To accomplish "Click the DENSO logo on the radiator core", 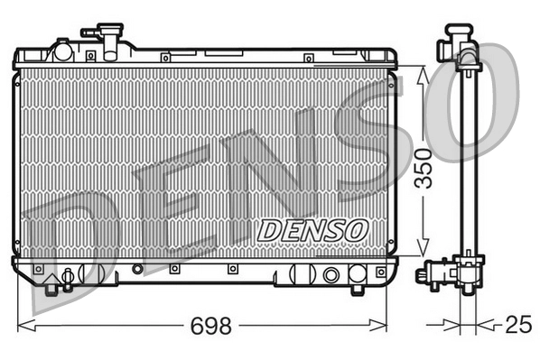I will click(312, 230).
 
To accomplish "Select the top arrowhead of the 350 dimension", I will click(422, 73).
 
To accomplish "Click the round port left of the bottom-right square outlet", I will click(331, 275).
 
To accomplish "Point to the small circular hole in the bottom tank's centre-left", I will click(137, 268).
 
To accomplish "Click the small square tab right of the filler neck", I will click(164, 57).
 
